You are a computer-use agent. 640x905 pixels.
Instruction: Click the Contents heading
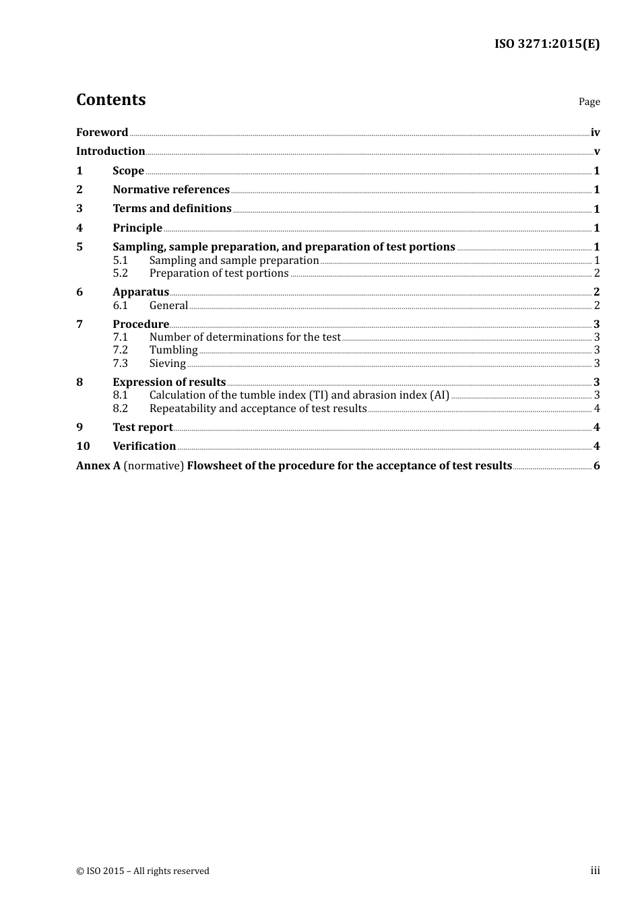(110, 100)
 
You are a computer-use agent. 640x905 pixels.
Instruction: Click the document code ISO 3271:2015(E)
(546, 44)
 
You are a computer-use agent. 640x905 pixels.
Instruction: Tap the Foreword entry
(102, 132)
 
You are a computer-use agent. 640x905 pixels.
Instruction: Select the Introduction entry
(110, 151)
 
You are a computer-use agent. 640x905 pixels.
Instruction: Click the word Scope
(128, 170)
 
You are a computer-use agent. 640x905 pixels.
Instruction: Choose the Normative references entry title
(171, 189)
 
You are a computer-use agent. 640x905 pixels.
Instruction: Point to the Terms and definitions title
(172, 208)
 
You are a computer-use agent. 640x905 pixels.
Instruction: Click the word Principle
(137, 228)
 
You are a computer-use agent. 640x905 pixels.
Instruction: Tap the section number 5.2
(120, 273)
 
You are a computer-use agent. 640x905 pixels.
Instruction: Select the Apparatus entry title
(141, 292)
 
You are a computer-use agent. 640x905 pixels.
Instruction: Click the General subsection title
(168, 305)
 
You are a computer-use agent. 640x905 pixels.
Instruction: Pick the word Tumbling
(173, 349)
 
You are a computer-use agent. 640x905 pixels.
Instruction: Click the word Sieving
(167, 363)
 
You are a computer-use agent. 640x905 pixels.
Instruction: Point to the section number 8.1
(120, 395)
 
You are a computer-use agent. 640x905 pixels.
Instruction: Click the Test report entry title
(142, 427)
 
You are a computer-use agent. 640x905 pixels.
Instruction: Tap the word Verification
(144, 446)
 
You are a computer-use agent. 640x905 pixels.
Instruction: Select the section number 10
(83, 446)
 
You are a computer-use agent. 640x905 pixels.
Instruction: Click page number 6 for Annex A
(596, 465)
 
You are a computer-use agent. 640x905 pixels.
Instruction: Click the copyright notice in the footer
(143, 871)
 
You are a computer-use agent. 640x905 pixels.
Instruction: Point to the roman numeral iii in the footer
(595, 870)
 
